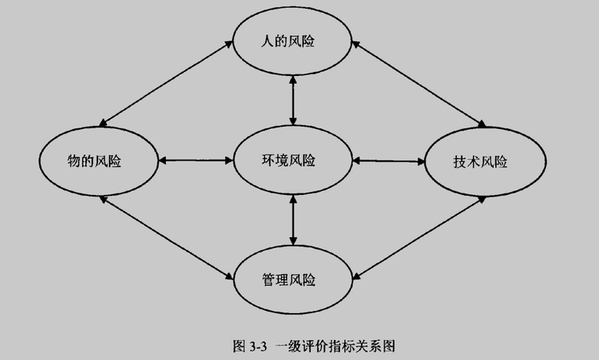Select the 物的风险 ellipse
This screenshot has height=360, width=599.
click(x=97, y=161)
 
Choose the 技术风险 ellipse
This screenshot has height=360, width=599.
click(x=485, y=163)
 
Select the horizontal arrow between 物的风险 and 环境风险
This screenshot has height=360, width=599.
click(x=196, y=160)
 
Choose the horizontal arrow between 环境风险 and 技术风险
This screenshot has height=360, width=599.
click(x=389, y=160)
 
